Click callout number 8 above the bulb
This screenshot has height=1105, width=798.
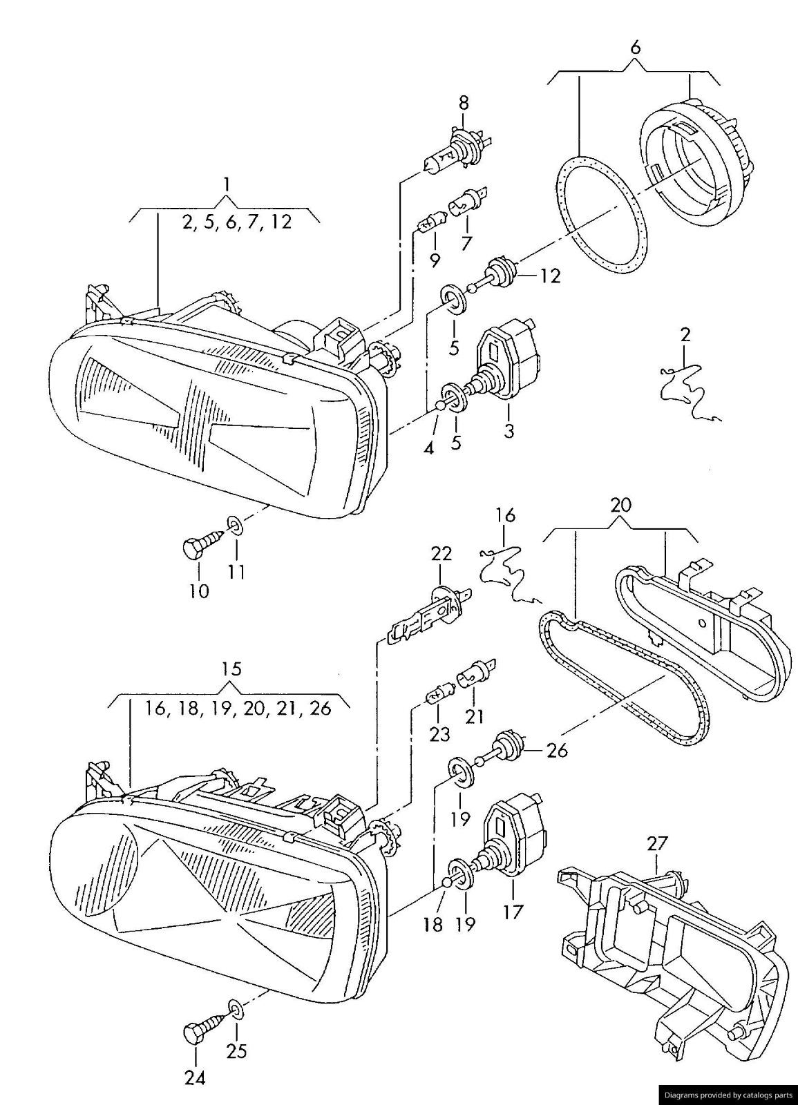click(x=463, y=103)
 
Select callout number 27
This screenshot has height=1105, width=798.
click(x=658, y=843)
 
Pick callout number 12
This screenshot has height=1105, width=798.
click(x=551, y=276)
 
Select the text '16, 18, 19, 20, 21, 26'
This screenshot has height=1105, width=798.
click(x=238, y=709)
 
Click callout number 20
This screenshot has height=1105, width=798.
click(x=620, y=505)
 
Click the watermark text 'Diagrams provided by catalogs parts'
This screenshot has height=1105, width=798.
click(x=728, y=1095)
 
